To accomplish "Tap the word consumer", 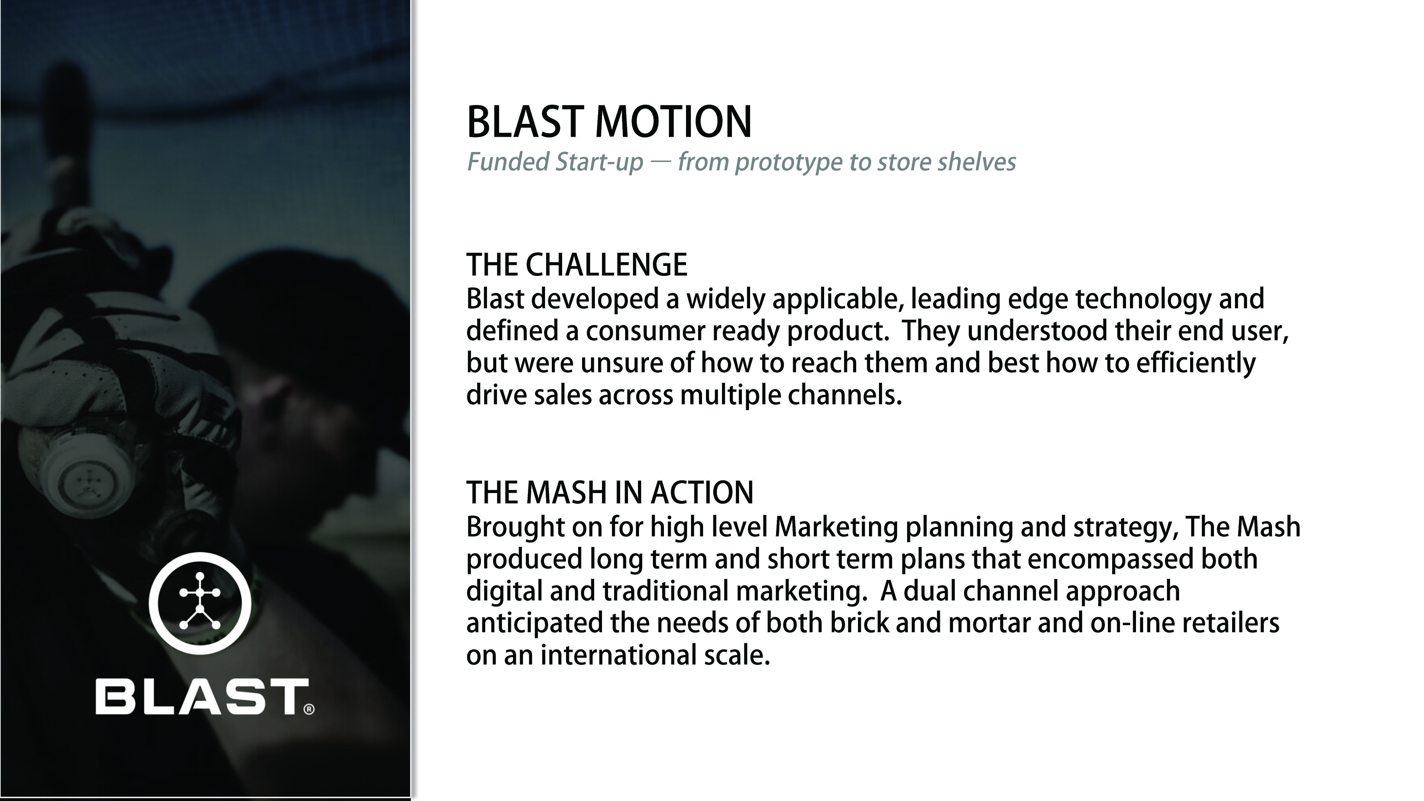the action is click(645, 331).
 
